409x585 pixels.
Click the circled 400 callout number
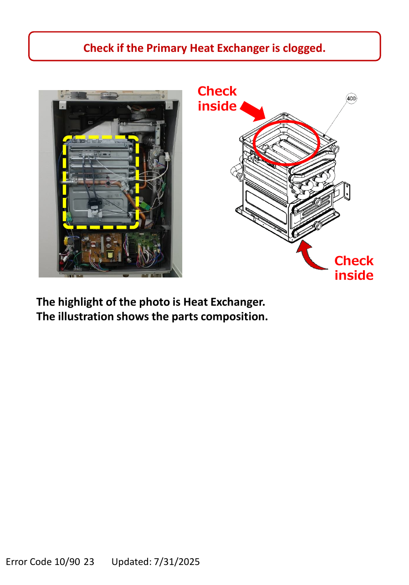pos(351,98)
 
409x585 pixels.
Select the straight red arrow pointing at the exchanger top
pos(253,111)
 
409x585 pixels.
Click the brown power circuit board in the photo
pos(102,248)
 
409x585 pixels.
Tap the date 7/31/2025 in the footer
pos(177,562)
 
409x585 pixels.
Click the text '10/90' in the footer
pos(67,562)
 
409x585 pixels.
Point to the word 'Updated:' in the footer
pos(132,562)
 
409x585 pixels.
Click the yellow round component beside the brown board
pos(68,240)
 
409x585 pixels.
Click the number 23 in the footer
pos(89,562)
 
